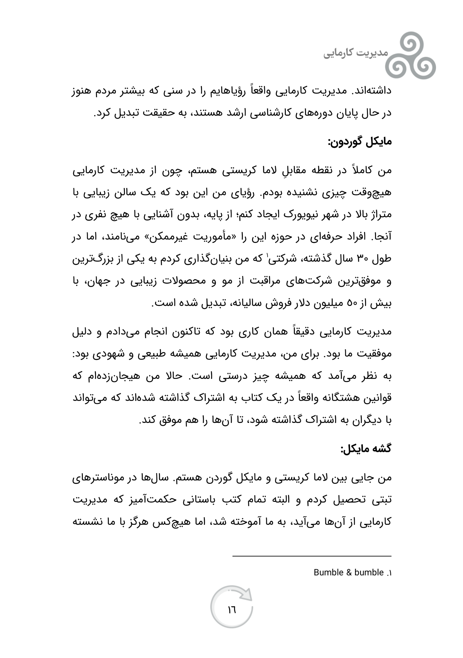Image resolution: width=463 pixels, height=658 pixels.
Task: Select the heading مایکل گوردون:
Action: click(359, 142)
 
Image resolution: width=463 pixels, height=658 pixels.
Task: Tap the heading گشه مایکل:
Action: click(366, 448)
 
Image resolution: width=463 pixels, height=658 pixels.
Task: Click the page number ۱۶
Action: click(231, 609)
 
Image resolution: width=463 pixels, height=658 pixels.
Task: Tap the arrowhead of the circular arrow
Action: click(248, 594)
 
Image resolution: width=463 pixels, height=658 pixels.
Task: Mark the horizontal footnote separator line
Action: click(311, 556)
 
